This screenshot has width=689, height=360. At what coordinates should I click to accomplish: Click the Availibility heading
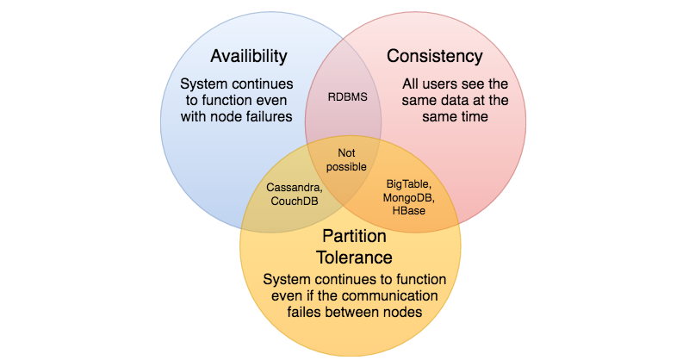[x=249, y=57]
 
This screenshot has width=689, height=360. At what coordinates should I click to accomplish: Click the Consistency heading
[x=434, y=57]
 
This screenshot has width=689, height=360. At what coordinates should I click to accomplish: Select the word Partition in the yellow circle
[x=353, y=236]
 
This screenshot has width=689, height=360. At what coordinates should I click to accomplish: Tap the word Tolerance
[x=353, y=257]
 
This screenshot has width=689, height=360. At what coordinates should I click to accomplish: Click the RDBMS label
[x=347, y=96]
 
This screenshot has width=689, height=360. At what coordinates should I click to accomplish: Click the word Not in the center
[x=346, y=153]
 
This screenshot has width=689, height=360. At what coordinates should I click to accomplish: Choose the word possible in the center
[x=346, y=166]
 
